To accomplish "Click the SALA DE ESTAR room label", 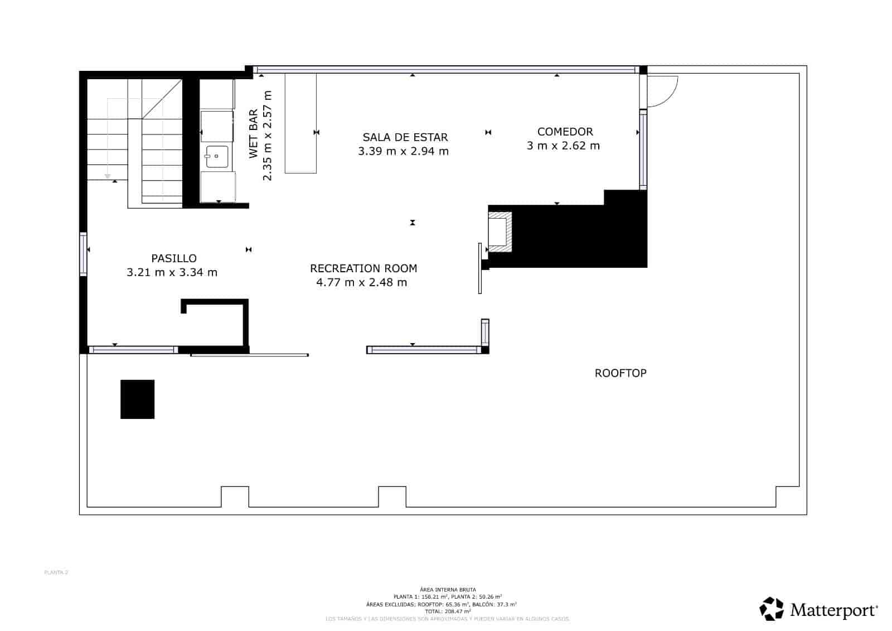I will (x=405, y=137).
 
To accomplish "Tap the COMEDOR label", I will (x=565, y=132).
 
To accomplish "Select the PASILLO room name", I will (x=174, y=258).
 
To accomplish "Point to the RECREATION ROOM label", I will (x=363, y=268).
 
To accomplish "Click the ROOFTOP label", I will (x=620, y=373).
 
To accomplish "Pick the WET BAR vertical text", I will (x=254, y=134).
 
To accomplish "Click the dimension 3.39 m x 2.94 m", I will (x=403, y=151).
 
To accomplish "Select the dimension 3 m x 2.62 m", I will (x=563, y=146).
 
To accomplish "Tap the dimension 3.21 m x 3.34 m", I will (x=172, y=273).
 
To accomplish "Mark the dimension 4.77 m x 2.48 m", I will (x=361, y=282).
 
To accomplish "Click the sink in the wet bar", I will (x=217, y=157).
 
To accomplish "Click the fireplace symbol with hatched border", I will (x=500, y=232).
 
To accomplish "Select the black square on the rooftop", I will (x=137, y=399).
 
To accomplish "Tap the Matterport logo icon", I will (x=772, y=609).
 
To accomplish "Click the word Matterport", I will (x=833, y=610).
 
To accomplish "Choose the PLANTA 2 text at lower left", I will (x=56, y=572).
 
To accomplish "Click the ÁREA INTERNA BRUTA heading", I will (x=448, y=590).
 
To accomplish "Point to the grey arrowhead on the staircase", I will (x=107, y=176).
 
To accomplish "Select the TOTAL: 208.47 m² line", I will (x=448, y=611).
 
